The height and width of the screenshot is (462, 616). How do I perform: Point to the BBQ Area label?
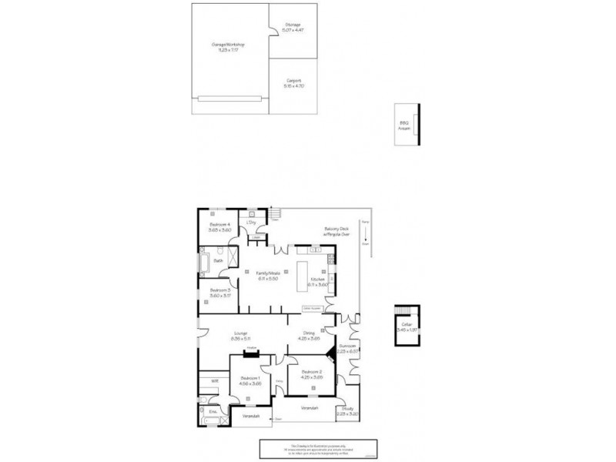[403, 124]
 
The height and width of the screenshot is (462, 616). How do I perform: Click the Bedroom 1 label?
[251, 379]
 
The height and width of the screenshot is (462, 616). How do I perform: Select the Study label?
[348, 409]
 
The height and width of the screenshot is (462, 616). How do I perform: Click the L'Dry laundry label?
[251, 223]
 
